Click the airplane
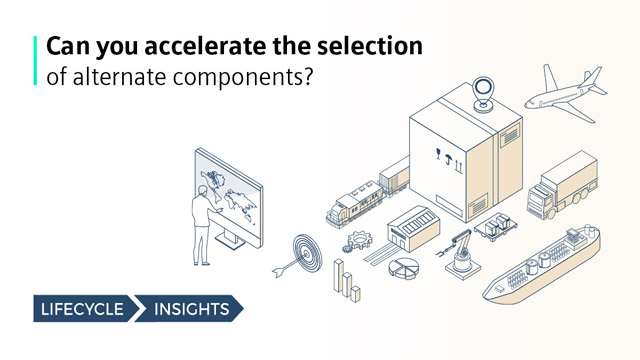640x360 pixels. pyautogui.click(x=566, y=91)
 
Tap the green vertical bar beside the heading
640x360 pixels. pyautogui.click(x=37, y=60)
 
